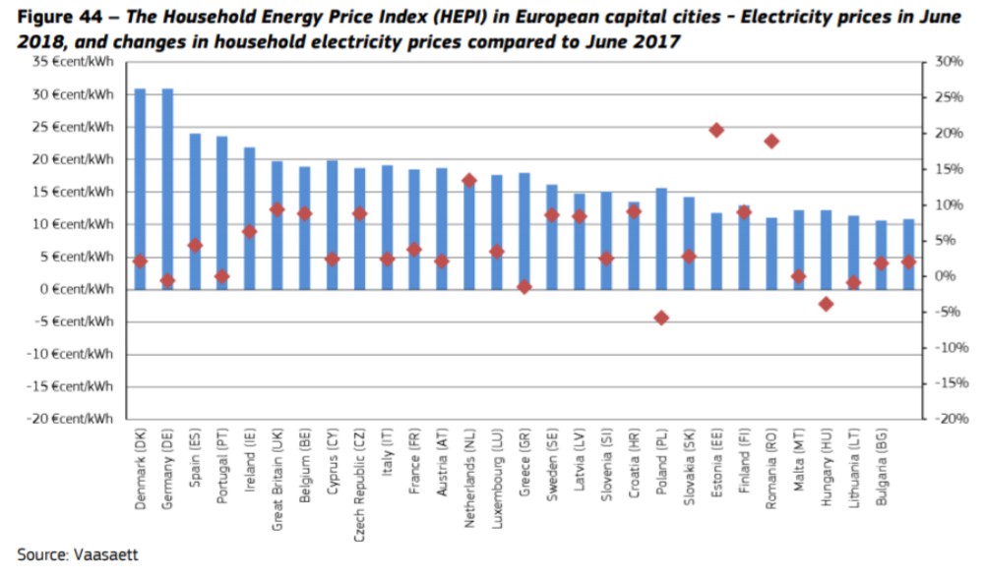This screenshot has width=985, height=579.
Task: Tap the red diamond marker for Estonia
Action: pyautogui.click(x=716, y=131)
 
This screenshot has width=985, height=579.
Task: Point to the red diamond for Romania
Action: pyautogui.click(x=771, y=142)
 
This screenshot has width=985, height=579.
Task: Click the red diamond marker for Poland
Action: pyautogui.click(x=661, y=318)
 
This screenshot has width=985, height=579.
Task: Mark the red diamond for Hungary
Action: pyautogui.click(x=827, y=304)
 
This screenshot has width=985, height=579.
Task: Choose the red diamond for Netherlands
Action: pyautogui.click(x=469, y=181)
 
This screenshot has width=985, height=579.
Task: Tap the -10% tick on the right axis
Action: pyautogui.click(x=948, y=348)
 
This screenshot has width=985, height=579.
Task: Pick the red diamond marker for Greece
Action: pyautogui.click(x=524, y=287)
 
